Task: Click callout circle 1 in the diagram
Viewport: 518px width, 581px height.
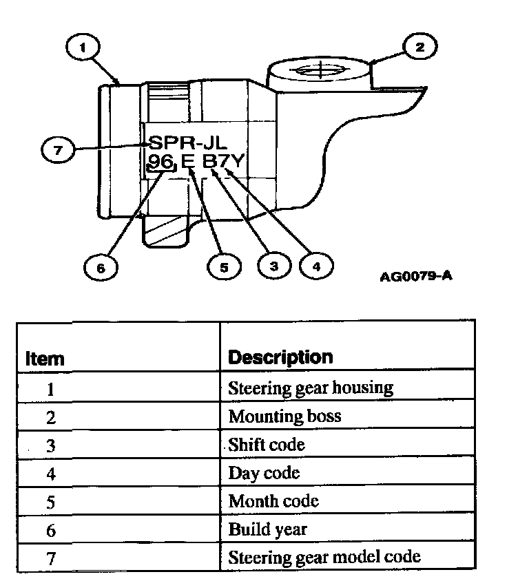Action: pyautogui.click(x=83, y=48)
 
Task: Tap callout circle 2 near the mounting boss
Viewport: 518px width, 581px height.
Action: pyautogui.click(x=419, y=47)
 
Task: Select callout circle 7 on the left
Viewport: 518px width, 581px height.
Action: pyautogui.click(x=58, y=151)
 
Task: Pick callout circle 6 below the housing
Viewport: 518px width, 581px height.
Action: pyautogui.click(x=101, y=267)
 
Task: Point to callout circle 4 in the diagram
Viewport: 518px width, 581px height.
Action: pyautogui.click(x=316, y=266)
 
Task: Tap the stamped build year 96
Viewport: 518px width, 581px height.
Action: pyautogui.click(x=161, y=163)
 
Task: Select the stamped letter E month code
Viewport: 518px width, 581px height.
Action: pyautogui.click(x=187, y=163)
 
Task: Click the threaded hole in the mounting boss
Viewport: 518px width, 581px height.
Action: pyautogui.click(x=315, y=70)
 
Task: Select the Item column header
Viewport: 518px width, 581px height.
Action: pyautogui.click(x=45, y=359)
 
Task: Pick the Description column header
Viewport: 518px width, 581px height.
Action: pyautogui.click(x=280, y=357)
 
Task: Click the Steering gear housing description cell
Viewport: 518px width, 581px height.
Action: pyautogui.click(x=310, y=388)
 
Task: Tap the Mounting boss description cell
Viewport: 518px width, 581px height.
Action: pyautogui.click(x=284, y=416)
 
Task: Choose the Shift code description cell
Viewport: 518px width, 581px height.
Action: pyautogui.click(x=267, y=444)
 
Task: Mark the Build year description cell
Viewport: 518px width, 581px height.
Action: pyautogui.click(x=267, y=529)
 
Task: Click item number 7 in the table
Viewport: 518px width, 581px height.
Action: pyautogui.click(x=50, y=557)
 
